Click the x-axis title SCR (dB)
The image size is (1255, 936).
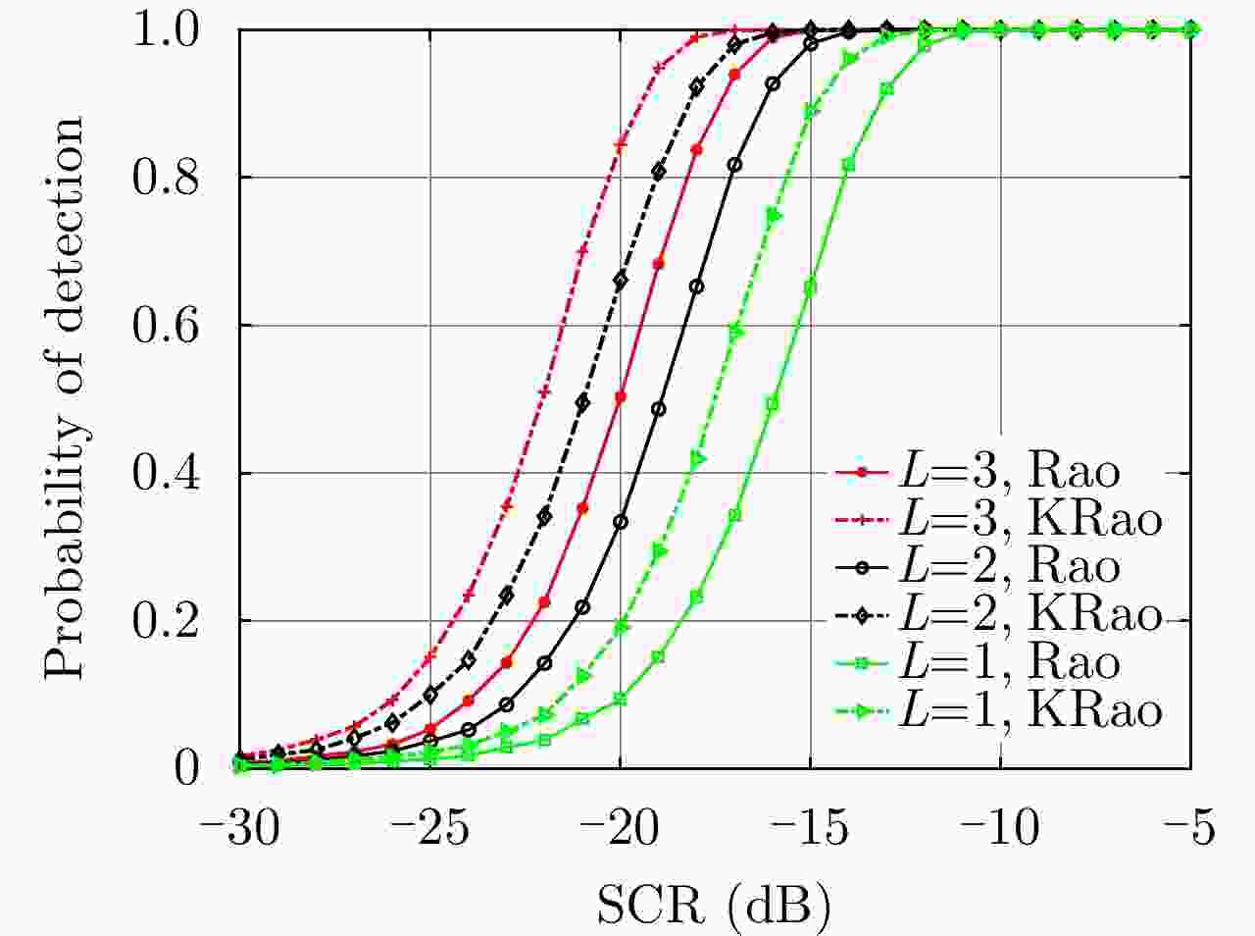pyautogui.click(x=713, y=905)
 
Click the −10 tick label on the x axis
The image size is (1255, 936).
pyautogui.click(x=1000, y=829)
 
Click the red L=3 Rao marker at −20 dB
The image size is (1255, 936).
pyautogui.click(x=621, y=397)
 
